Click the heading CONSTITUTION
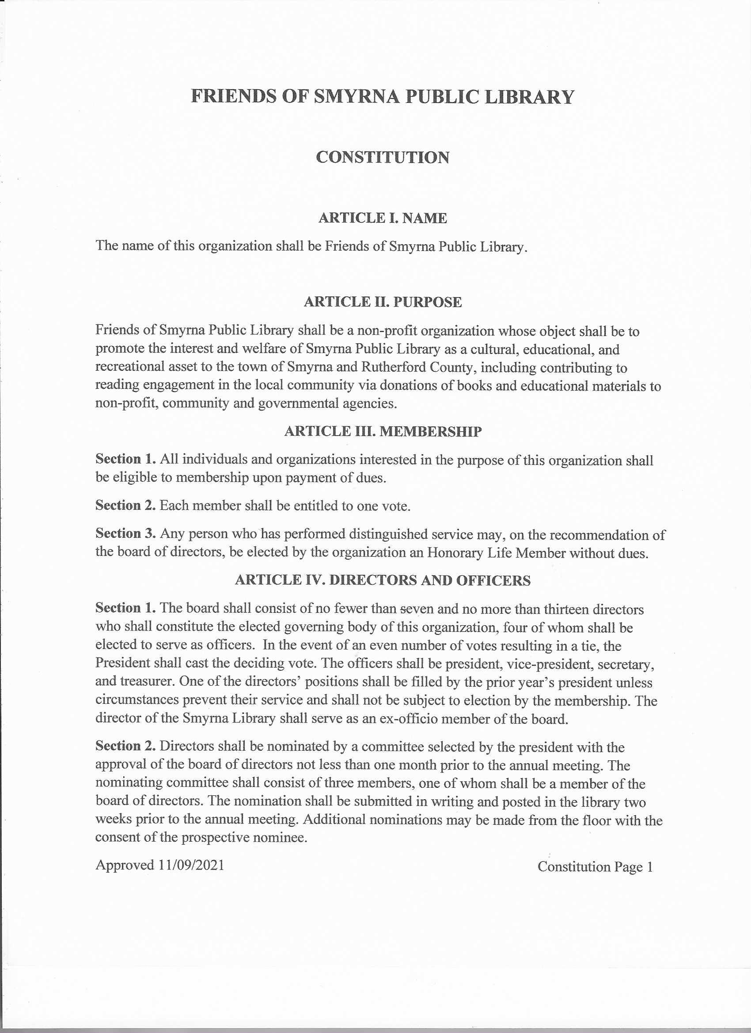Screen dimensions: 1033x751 pyautogui.click(x=383, y=158)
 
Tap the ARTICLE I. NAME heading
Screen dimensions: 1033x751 pyautogui.click(x=383, y=218)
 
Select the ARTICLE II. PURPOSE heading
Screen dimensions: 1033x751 pyautogui.click(x=383, y=302)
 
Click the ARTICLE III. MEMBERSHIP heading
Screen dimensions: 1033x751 pyautogui.click(x=383, y=431)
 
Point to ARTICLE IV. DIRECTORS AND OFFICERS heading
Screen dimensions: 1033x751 pyautogui.click(x=383, y=580)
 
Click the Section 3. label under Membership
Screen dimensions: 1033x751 pyautogui.click(x=126, y=534)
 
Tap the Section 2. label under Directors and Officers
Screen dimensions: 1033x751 pyautogui.click(x=126, y=746)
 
